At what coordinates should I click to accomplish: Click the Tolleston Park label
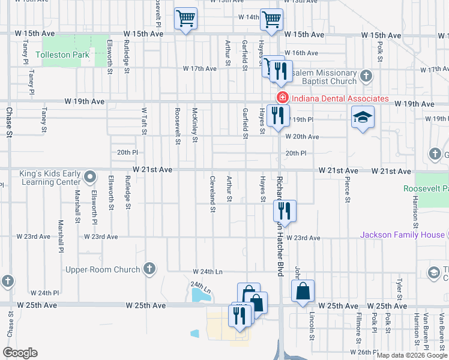(62, 55)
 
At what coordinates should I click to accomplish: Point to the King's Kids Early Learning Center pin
(89, 177)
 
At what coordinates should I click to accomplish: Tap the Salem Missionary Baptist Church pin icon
(367, 76)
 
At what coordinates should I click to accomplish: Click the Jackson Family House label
(402, 235)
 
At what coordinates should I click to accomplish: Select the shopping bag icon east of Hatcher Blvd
(304, 292)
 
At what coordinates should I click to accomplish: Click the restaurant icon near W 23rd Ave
(284, 211)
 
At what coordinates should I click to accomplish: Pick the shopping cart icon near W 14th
(271, 20)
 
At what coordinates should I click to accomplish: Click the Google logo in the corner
(20, 353)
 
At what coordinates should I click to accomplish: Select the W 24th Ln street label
(207, 272)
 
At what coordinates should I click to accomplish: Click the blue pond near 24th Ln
(197, 294)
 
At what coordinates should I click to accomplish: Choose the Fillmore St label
(358, 321)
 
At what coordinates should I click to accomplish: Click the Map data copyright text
(411, 355)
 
